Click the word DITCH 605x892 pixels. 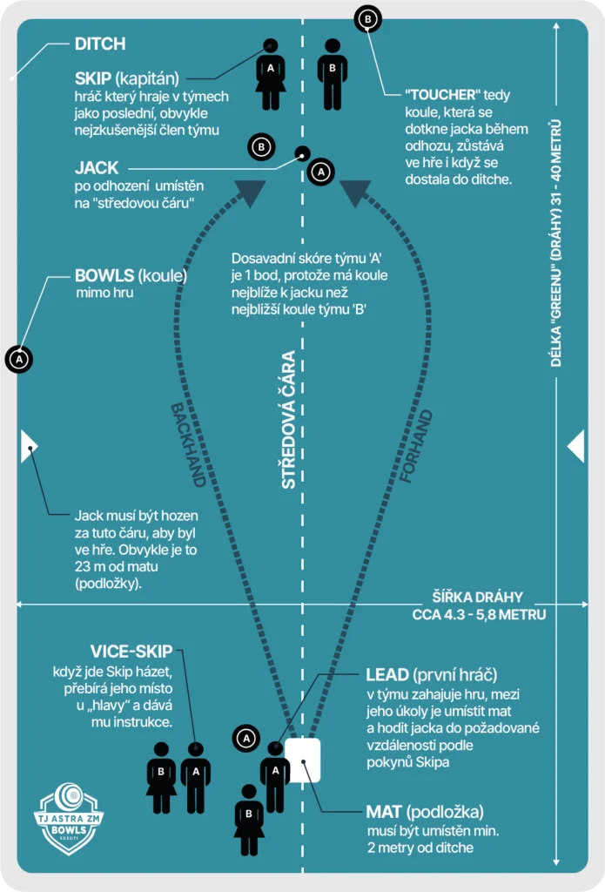(x=100, y=44)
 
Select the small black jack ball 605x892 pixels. (x=302, y=154)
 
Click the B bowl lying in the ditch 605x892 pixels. (x=367, y=18)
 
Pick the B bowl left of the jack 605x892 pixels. (x=261, y=147)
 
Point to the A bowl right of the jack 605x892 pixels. (x=320, y=172)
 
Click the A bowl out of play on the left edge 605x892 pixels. (x=19, y=358)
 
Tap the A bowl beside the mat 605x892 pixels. (x=246, y=739)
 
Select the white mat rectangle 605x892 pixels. (x=303, y=760)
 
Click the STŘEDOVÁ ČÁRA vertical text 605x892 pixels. (x=288, y=419)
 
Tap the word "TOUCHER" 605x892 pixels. (x=443, y=94)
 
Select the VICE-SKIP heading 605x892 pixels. (x=131, y=652)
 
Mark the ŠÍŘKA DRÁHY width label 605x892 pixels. (x=478, y=598)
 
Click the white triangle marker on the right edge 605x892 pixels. (x=575, y=446)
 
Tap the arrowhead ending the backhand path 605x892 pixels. (x=250, y=193)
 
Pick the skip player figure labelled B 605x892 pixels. (x=332, y=74)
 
